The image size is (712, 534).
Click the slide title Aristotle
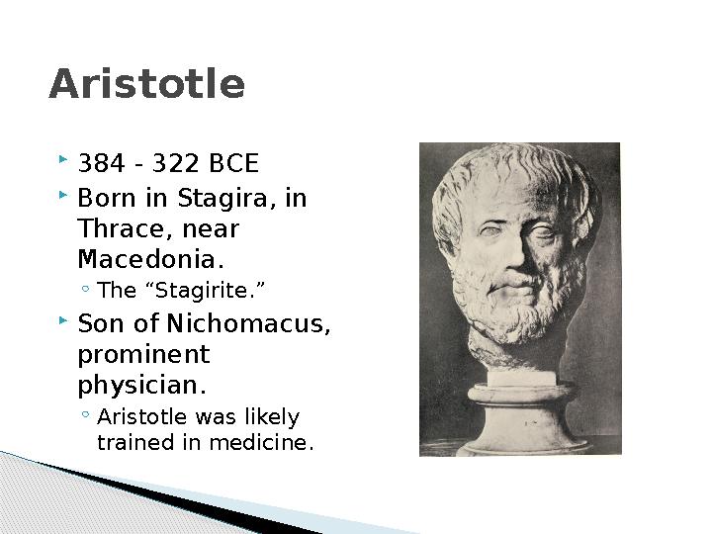coord(146,83)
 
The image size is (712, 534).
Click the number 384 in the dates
coord(101,163)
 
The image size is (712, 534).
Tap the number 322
coord(175,163)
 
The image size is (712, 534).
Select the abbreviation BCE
coord(233,163)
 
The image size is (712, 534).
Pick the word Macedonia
coord(151,259)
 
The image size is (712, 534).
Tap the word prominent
coord(144,356)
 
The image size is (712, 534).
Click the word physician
coord(142,386)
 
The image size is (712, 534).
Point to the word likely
coord(273,417)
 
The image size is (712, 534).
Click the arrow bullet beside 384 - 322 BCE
coord(63,159)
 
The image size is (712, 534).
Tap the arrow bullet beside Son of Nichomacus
coord(63,321)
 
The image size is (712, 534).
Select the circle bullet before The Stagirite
coord(85,288)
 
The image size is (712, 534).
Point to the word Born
coord(107,199)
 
